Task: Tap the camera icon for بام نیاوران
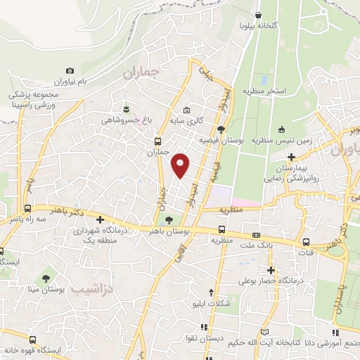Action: (70, 71)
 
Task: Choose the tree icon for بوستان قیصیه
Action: (221, 129)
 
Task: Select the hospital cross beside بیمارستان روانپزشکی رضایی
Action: (291, 146)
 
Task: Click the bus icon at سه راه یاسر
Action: (27, 208)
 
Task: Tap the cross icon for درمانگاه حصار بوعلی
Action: (271, 270)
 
